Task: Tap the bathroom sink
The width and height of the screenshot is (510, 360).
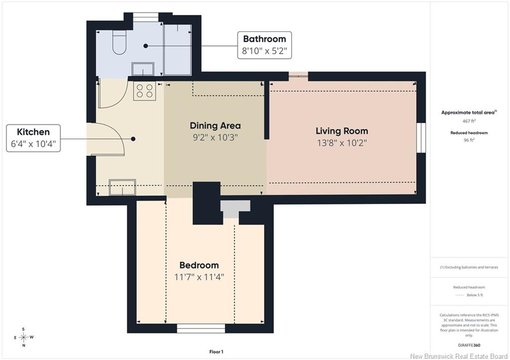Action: pos(142,69)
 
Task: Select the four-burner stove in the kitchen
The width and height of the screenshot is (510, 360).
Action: pos(144,91)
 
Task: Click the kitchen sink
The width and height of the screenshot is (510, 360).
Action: pos(123,187)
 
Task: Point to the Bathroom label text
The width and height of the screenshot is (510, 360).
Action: pos(264,39)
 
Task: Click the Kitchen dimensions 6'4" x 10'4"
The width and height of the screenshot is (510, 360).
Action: pos(33,144)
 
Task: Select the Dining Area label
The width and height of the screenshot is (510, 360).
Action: pos(215,125)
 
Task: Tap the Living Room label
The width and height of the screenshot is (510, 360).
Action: pos(342,131)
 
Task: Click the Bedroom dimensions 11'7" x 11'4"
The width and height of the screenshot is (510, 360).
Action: pos(199,277)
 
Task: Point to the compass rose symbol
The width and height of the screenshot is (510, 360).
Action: pos(23,337)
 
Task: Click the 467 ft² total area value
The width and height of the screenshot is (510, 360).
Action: pos(469,121)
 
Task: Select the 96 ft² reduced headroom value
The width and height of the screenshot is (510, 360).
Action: pos(469,140)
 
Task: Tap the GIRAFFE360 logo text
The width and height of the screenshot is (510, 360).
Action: pos(469,346)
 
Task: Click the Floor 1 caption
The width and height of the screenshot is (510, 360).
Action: pos(216,352)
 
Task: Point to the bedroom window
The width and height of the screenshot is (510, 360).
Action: pos(201,329)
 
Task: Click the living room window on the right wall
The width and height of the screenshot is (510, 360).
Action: pos(421,137)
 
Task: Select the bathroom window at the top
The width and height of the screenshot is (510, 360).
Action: pos(146,17)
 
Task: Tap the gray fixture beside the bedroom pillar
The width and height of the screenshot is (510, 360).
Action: pos(235,209)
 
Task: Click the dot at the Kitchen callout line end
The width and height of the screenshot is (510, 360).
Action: pos(133,139)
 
